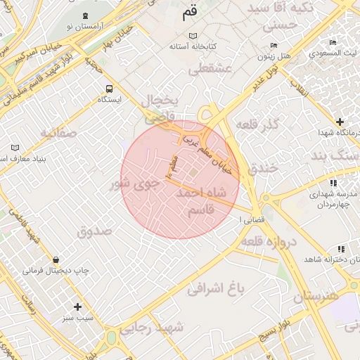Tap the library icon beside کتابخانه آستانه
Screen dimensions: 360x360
pos(194,36)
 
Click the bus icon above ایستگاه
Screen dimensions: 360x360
pos(109,89)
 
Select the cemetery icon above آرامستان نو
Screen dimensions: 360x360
pos(86,15)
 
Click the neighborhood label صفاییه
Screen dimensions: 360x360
pos(56,133)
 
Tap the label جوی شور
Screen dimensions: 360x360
pos(134,186)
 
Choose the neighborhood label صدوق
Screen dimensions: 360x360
pos(94,230)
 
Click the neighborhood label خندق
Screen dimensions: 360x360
pos(264,167)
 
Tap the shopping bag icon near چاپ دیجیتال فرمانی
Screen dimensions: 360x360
pos(56,259)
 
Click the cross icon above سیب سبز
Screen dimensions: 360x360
pos(77,307)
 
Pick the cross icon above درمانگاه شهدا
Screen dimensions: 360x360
pos(340,122)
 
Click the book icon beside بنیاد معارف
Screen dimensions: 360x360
pos(15,148)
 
